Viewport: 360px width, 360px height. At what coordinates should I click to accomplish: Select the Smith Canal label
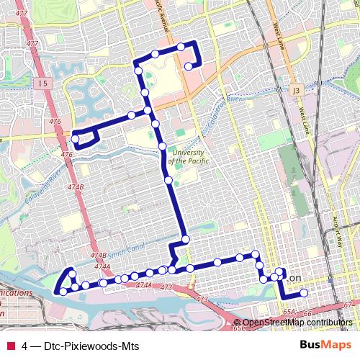click(x=128, y=248)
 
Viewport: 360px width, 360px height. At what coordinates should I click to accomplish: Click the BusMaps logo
click(x=320, y=344)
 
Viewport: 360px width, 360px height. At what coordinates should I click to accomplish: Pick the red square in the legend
click(x=10, y=345)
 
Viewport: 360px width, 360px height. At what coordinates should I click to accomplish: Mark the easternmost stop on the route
click(x=304, y=292)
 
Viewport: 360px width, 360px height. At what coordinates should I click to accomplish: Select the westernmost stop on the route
click(x=58, y=292)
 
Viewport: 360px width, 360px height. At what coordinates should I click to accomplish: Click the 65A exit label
click(x=289, y=312)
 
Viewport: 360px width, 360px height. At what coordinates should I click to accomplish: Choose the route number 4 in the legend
click(x=25, y=345)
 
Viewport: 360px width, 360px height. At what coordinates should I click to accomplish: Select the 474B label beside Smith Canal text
click(x=99, y=256)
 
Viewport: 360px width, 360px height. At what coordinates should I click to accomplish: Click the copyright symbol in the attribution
click(x=238, y=323)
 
